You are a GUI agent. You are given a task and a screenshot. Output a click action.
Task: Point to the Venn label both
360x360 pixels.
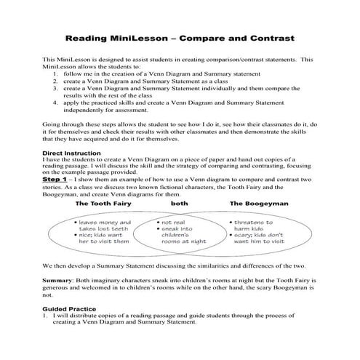179,204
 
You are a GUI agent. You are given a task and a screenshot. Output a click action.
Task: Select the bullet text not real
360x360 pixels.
175,220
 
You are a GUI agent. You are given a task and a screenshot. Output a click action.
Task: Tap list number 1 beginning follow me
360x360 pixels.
57,74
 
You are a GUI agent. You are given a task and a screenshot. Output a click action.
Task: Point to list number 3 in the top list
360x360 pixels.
57,90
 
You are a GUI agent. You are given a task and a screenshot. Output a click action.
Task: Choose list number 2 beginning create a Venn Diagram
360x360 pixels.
57,82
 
